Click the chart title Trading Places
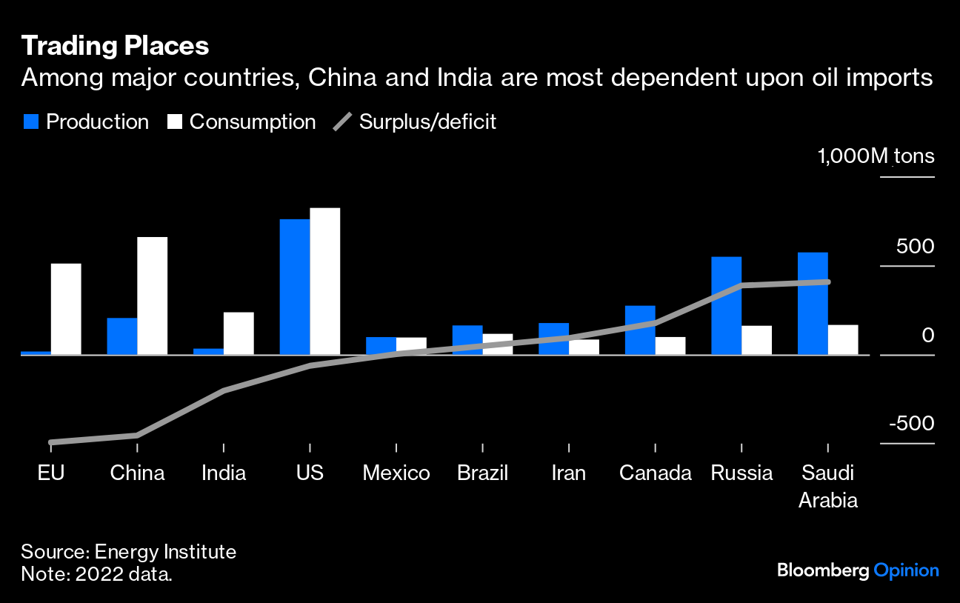point(115,47)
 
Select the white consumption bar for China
point(153,296)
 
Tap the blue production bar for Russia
point(727,305)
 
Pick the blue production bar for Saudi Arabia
point(813,303)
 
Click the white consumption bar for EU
point(66,309)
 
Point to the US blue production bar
point(295,287)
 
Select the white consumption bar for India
point(239,333)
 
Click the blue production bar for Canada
point(640,330)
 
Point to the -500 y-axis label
point(912,424)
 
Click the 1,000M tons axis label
point(876,157)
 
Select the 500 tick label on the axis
point(916,246)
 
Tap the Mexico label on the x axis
point(396,473)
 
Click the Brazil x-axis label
point(483,473)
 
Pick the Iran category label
point(569,473)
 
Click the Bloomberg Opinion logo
point(858,570)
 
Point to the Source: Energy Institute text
point(128,552)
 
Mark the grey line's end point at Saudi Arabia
point(827,281)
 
